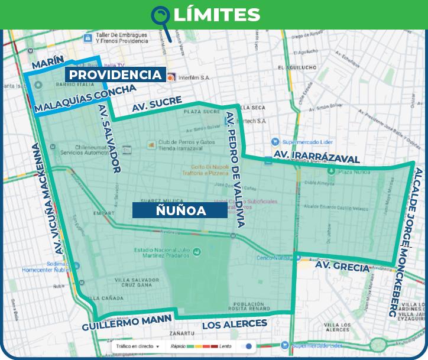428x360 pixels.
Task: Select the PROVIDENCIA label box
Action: (x=115, y=75)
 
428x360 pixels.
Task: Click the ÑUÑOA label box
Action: (x=180, y=210)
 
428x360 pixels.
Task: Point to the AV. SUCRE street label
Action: (x=157, y=105)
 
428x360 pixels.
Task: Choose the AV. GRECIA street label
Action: (x=342, y=267)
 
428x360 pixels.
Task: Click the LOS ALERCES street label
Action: (x=235, y=324)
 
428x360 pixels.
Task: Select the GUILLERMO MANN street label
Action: (x=127, y=323)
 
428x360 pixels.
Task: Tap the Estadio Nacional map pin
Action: (x=197, y=252)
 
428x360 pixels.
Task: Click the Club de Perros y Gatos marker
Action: (x=151, y=144)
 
